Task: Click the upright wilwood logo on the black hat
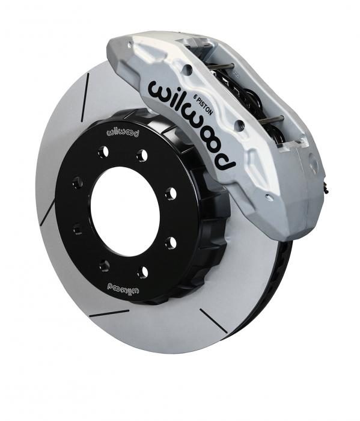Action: click(123, 133)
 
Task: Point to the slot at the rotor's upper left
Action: click(85, 97)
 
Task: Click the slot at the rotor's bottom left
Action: click(109, 313)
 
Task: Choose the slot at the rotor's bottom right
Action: click(213, 321)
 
